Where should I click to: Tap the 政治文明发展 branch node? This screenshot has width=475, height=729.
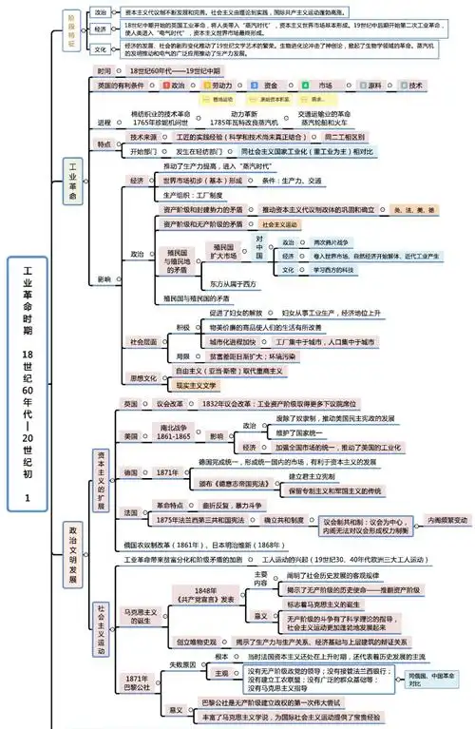coord(72,552)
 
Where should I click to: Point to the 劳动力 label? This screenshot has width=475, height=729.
coord(220,85)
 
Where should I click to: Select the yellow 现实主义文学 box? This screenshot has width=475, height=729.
coord(197,385)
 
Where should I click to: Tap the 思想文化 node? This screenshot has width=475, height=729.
coord(142,377)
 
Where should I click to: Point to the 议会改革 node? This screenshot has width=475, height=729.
coord(168,404)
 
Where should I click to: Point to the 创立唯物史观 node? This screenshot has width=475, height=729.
coord(197,642)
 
